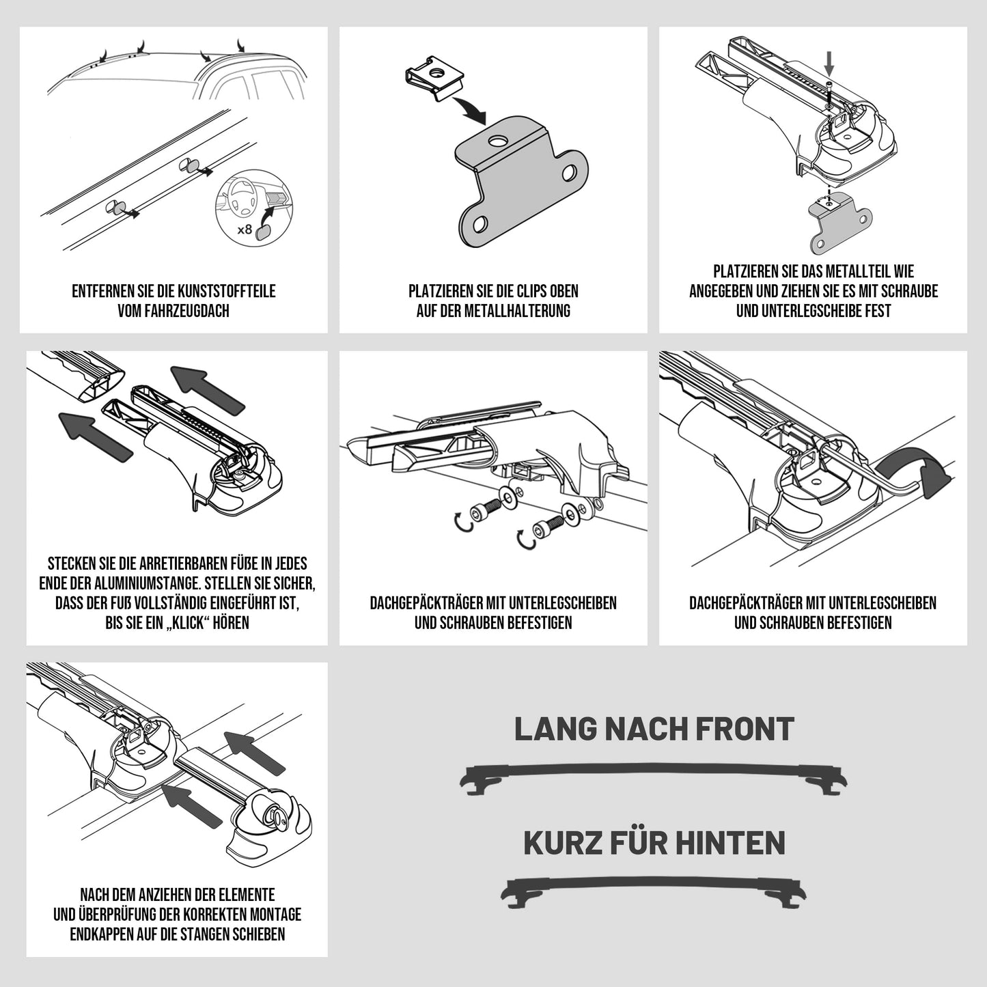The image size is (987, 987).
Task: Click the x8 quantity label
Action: [x=245, y=228]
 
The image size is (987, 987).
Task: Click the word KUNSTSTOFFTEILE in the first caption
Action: [x=225, y=291]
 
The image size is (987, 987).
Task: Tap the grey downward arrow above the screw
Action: [x=829, y=66]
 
